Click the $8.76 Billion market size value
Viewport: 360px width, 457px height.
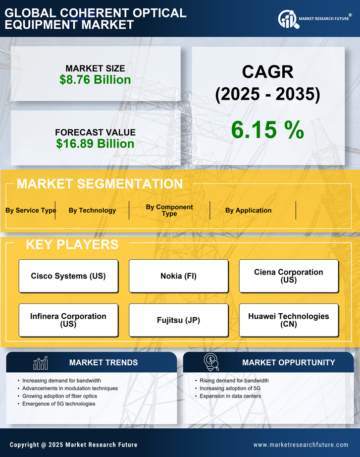[95, 80]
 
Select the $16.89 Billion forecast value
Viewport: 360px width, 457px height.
[95, 144]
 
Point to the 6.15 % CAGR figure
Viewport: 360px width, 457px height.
[267, 130]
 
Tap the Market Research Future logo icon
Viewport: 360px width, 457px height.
[287, 19]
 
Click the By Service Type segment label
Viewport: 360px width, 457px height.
[31, 210]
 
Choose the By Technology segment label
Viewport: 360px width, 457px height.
[92, 210]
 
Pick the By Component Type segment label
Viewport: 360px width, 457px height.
[169, 210]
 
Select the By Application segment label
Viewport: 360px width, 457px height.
[248, 210]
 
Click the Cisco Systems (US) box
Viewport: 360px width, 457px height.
[68, 276]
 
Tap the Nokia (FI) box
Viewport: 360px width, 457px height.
[178, 276]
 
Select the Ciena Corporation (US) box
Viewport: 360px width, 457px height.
[289, 276]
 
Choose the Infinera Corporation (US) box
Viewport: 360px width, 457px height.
[68, 320]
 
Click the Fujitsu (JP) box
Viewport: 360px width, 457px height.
[178, 320]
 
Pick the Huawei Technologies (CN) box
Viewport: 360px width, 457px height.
[289, 320]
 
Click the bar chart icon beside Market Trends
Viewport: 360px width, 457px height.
[40, 363]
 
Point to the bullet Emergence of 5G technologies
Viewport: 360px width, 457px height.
[59, 404]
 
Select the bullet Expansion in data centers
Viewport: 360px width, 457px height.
[230, 396]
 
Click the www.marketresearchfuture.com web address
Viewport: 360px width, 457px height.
[301, 445]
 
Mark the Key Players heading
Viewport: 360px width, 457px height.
[72, 244]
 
